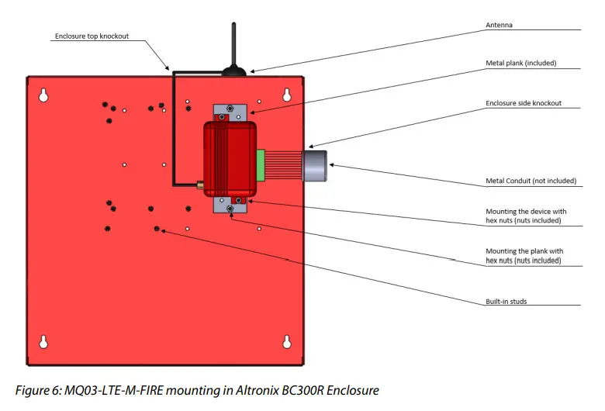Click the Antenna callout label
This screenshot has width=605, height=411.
[499, 25]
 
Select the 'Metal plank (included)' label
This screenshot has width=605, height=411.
[521, 63]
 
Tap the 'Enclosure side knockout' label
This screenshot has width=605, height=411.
[524, 103]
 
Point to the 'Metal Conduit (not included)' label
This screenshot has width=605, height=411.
[531, 181]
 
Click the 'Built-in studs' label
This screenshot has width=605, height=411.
[507, 301]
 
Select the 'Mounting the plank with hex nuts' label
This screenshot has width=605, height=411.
[524, 256]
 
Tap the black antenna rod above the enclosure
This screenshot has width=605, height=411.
[234, 45]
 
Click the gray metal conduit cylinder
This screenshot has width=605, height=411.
[316, 164]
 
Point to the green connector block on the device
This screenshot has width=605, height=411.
[261, 164]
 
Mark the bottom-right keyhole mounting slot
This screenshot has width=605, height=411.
[287, 341]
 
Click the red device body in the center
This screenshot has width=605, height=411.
[230, 158]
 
